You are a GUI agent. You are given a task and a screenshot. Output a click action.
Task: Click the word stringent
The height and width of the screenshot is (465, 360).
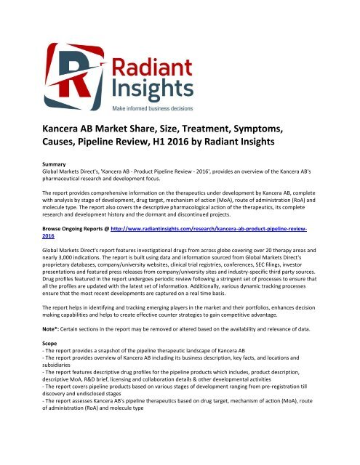click(223, 308)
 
